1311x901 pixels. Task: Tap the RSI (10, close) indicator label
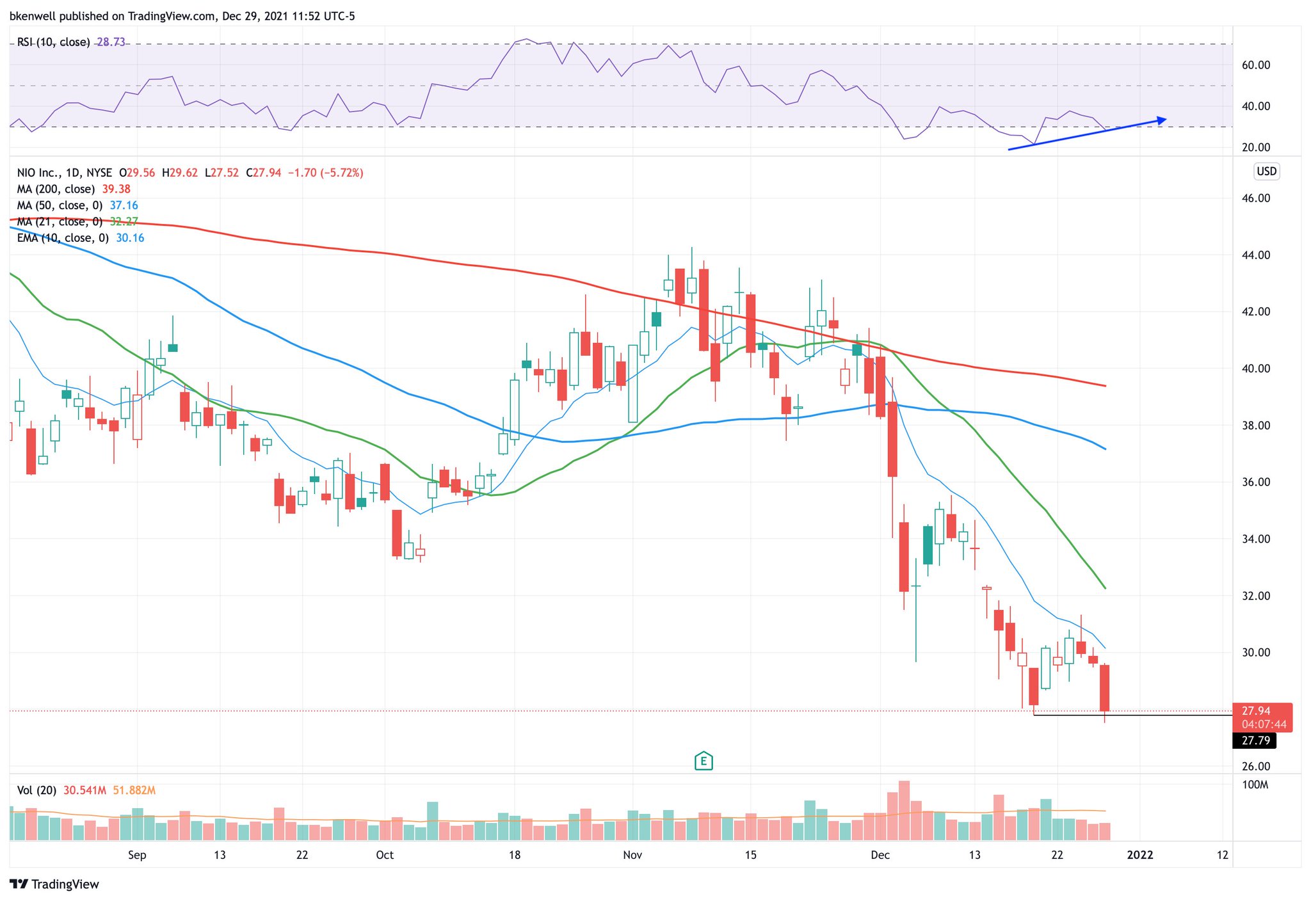click(53, 42)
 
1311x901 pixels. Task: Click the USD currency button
click(1266, 171)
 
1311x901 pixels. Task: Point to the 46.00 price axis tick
click(1255, 198)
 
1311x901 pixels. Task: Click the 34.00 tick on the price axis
click(1255, 539)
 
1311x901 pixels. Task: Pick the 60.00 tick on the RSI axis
click(1255, 65)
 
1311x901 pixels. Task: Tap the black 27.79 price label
click(1255, 740)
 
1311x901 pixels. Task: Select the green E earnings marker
click(704, 761)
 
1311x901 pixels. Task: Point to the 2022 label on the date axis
click(1140, 855)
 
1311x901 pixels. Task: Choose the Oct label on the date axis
click(385, 855)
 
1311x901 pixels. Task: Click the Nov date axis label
click(632, 855)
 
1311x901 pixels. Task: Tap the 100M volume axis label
click(1255, 785)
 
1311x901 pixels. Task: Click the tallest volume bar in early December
click(904, 810)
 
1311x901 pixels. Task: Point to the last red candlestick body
click(1104, 688)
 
